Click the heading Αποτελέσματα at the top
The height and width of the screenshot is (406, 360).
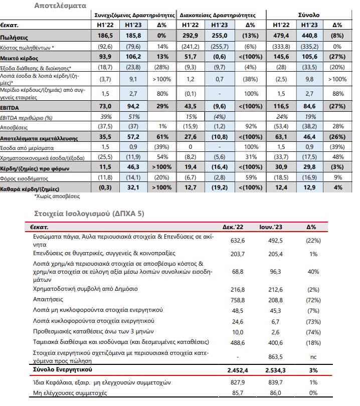pos(60,6)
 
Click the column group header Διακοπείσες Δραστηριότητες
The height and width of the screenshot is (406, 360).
pos(218,16)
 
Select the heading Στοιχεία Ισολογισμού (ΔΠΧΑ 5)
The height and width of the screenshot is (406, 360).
pos(85,213)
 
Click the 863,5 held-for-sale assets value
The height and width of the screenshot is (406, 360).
pos(275,356)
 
